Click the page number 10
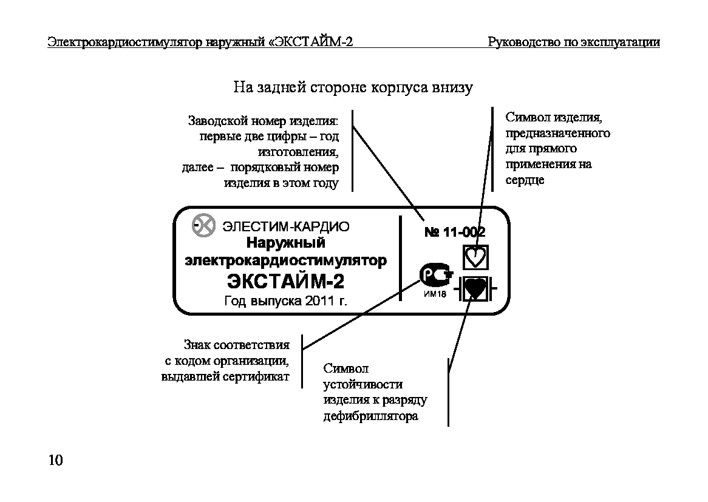(x=55, y=460)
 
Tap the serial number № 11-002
(x=455, y=232)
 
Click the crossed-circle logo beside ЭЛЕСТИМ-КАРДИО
(x=203, y=225)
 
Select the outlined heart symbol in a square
(x=475, y=258)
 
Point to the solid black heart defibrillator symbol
(x=475, y=288)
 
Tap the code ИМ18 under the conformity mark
(x=435, y=294)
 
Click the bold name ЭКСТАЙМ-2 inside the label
(x=286, y=281)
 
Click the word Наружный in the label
(x=286, y=243)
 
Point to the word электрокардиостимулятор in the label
(x=286, y=261)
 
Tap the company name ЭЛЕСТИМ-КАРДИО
(x=286, y=226)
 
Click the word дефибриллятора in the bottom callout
(x=371, y=416)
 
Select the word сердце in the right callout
(x=525, y=180)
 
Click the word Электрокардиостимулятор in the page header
(x=125, y=42)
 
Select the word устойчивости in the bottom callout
(x=363, y=385)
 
